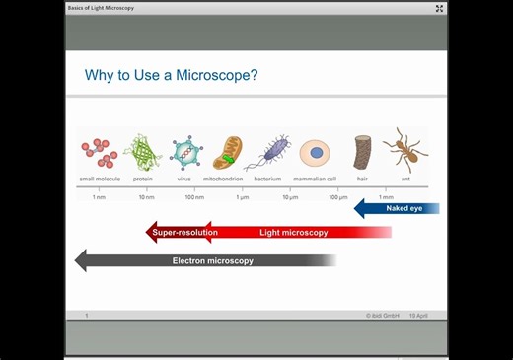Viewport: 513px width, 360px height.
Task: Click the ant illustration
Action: tap(404, 150)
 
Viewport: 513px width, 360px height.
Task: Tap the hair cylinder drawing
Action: tap(362, 153)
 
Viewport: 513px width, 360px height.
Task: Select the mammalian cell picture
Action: tap(315, 153)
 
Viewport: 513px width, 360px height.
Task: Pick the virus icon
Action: tap(185, 153)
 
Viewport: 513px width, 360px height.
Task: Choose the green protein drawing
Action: tap(142, 152)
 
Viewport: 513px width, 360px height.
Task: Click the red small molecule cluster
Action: tap(99, 152)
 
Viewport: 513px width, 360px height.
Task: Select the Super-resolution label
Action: tap(185, 233)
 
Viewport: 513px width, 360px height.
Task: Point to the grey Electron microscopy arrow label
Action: tap(213, 261)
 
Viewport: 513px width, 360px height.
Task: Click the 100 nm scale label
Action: tap(194, 197)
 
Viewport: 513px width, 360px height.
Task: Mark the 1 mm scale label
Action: tap(386, 197)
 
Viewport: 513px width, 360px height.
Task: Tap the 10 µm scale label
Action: tap(290, 197)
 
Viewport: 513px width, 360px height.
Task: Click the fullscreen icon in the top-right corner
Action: tap(439, 8)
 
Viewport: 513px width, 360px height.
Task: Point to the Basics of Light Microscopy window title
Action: tap(101, 8)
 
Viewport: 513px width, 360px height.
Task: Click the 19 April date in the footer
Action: tap(418, 316)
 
